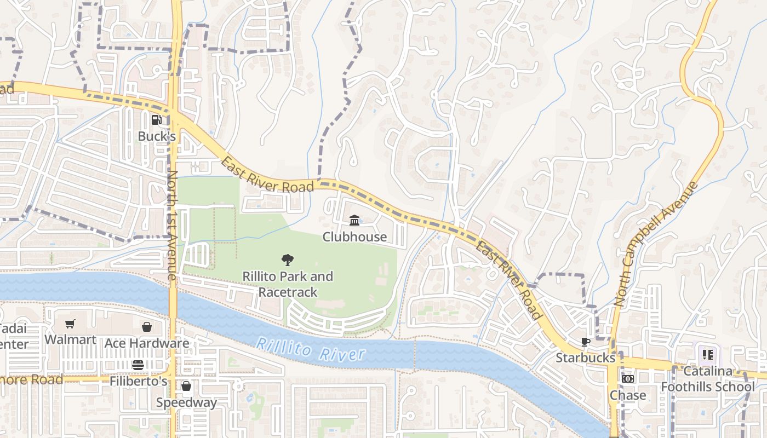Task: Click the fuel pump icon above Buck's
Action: [157, 119]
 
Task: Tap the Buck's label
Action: [157, 136]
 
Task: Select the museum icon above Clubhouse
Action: [354, 221]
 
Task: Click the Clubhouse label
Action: [354, 237]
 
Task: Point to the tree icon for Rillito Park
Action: [287, 260]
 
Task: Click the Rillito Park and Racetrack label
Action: [288, 284]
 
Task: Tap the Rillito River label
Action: [310, 349]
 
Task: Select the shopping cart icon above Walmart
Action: [70, 324]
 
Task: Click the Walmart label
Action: [70, 339]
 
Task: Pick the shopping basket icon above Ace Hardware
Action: [147, 327]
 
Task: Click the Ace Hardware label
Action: [147, 343]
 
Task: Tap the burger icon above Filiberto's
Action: [138, 365]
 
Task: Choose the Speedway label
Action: [186, 402]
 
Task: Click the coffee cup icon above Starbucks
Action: [586, 342]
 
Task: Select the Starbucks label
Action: [586, 358]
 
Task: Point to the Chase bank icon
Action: [628, 379]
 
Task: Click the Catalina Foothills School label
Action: [708, 379]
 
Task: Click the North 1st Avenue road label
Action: [172, 224]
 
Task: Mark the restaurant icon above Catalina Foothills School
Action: [708, 355]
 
